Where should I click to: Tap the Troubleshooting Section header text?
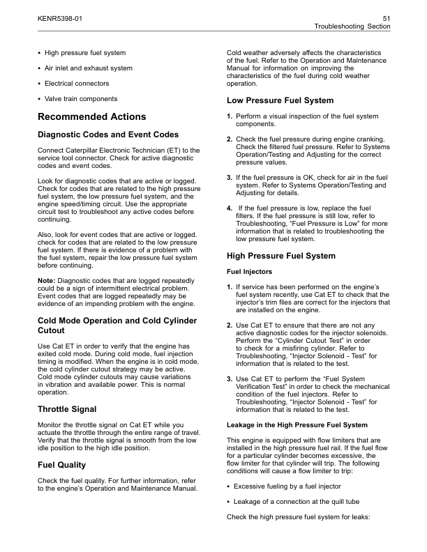pos(352,25)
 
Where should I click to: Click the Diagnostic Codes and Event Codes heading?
pos(107,135)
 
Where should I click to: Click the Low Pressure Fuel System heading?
pos(280,100)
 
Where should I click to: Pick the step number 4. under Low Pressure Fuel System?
pos(230,207)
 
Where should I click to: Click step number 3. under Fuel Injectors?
pos(230,378)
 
